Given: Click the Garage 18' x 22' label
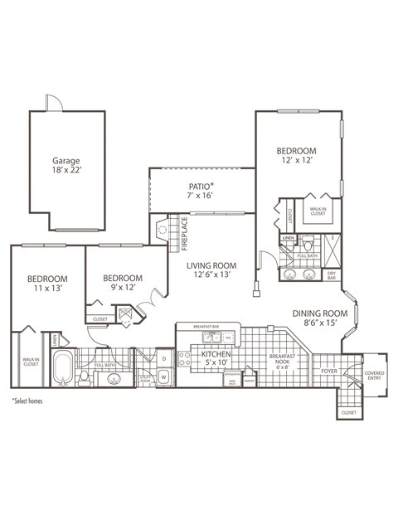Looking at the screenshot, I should pos(67,165).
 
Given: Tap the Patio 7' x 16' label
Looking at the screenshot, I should pos(201,192).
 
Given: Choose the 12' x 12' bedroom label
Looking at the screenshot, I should pos(296,156).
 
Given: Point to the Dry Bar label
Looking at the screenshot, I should pos(332,275).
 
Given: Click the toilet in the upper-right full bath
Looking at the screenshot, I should pos(308,245).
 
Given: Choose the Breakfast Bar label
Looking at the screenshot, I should pos(206,327).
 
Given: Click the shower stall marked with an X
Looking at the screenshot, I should pos(330,247).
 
